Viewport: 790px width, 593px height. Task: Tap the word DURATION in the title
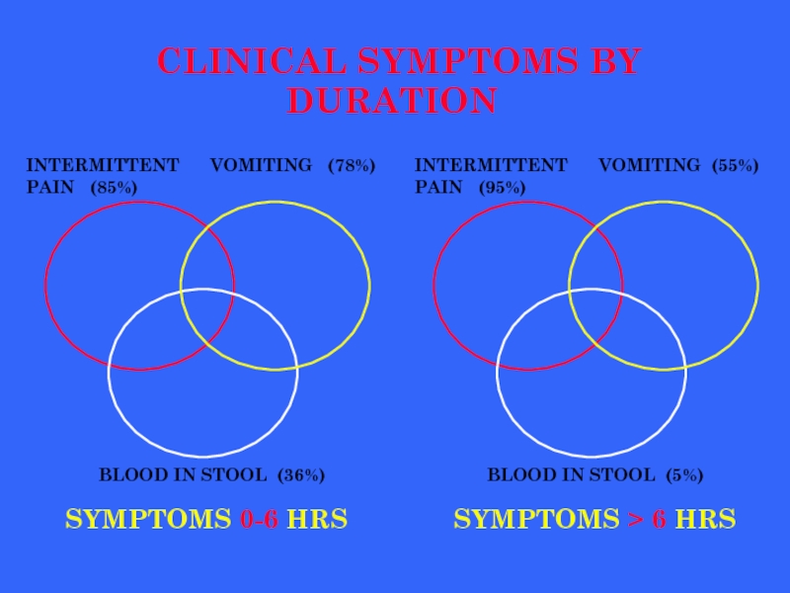(x=392, y=101)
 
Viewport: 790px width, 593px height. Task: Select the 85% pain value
(x=114, y=187)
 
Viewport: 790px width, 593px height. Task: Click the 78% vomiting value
(x=352, y=165)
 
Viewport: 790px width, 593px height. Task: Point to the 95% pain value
(x=503, y=187)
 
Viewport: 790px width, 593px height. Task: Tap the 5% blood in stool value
(x=683, y=475)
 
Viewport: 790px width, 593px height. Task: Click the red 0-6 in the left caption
(x=260, y=518)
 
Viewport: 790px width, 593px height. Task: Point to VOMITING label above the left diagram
(x=262, y=165)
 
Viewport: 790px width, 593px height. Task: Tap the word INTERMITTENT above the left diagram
(x=103, y=165)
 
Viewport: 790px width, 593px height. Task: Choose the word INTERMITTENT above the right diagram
(x=491, y=165)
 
